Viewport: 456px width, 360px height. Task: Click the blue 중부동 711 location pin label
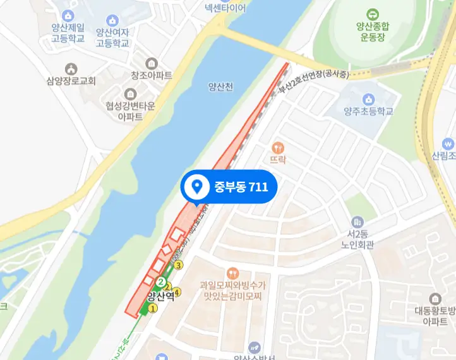(x=229, y=186)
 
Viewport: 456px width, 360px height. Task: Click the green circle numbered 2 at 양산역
(x=162, y=282)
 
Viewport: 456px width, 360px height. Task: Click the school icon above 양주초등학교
(x=368, y=99)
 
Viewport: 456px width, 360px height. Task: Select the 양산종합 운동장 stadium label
(x=373, y=32)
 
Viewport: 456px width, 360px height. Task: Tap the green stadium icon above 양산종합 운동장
(x=373, y=13)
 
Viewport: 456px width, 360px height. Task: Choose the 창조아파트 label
(x=152, y=75)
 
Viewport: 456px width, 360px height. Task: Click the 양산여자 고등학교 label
(x=112, y=37)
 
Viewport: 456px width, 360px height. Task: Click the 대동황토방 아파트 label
(x=435, y=316)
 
